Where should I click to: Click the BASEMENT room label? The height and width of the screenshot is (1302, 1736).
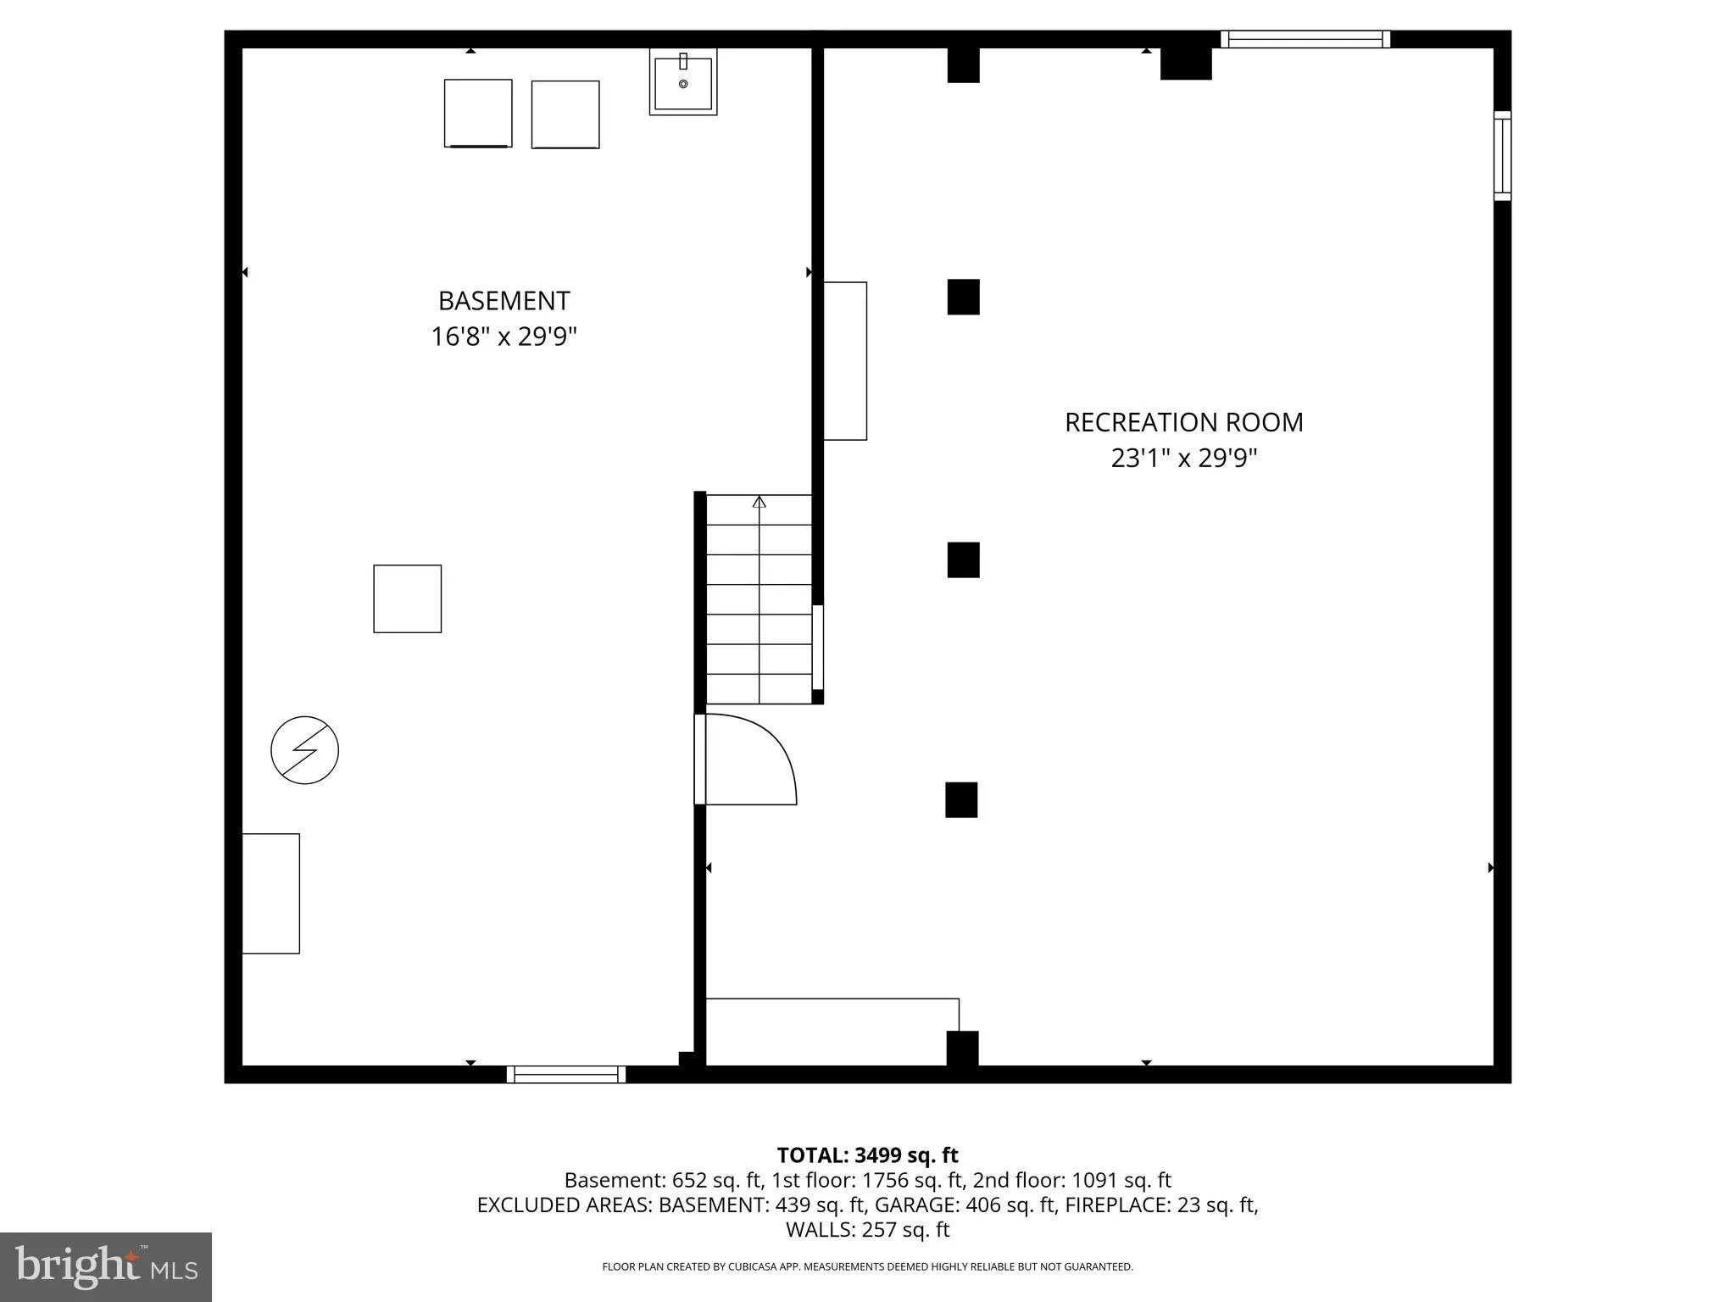coord(504,301)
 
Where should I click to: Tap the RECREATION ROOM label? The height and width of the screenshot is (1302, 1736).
coord(1183,422)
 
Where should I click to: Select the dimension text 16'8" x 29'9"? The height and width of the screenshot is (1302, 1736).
coord(504,337)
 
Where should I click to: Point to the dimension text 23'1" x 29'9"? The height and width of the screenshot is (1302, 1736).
coord(1183,459)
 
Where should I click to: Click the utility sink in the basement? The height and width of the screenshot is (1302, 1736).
coord(683,82)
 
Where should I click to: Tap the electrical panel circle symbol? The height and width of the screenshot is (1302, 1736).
coord(304,750)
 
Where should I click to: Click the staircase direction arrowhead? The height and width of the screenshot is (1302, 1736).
coord(759,502)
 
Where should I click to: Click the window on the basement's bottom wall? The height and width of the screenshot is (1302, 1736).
coord(566,1075)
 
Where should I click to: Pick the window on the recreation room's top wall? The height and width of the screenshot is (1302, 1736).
coord(1305,39)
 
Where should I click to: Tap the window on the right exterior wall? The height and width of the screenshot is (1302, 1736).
coord(1502,156)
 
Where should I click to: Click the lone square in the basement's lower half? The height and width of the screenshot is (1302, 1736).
coord(408,598)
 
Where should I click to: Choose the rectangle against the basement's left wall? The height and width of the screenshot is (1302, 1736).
coord(270,893)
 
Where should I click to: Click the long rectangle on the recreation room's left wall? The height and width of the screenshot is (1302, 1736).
coord(845,361)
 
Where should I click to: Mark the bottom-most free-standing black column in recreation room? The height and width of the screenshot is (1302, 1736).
coord(961,799)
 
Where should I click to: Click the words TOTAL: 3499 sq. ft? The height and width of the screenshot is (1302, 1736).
coord(867,1155)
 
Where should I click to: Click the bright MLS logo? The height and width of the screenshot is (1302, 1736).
coord(106,1266)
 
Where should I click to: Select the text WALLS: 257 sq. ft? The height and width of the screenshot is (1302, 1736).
coord(867,1229)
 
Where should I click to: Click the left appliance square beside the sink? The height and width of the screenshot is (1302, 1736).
coord(478,114)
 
